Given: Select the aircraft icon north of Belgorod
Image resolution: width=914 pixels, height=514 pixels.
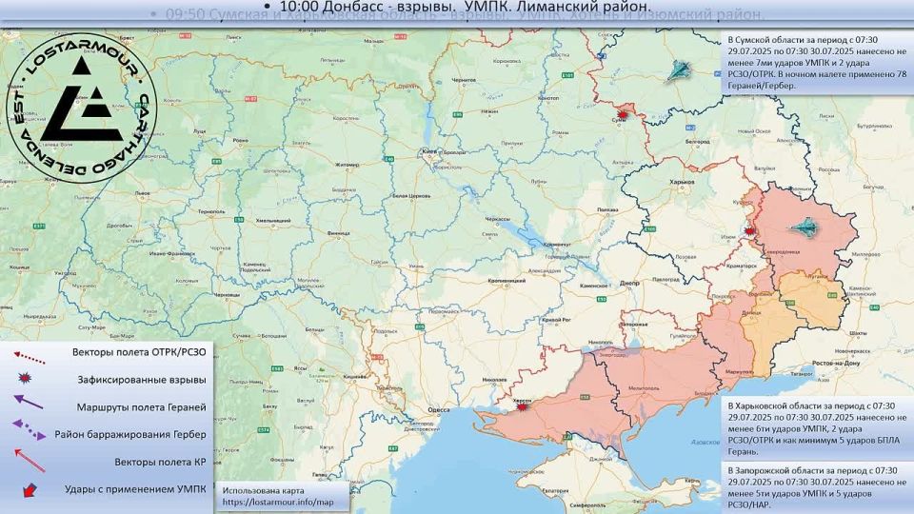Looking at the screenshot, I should [680, 69].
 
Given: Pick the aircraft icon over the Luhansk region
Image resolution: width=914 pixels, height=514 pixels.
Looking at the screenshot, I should [806, 228].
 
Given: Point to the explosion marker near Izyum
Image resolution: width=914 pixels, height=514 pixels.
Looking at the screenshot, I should [751, 230].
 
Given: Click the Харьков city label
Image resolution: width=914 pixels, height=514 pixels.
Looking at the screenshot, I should [682, 181].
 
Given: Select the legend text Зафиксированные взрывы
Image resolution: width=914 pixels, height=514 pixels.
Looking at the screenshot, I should [142, 380].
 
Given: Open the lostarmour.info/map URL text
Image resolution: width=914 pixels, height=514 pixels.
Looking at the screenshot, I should [278, 502].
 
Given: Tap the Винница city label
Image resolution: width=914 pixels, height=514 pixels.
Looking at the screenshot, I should [337, 232].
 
